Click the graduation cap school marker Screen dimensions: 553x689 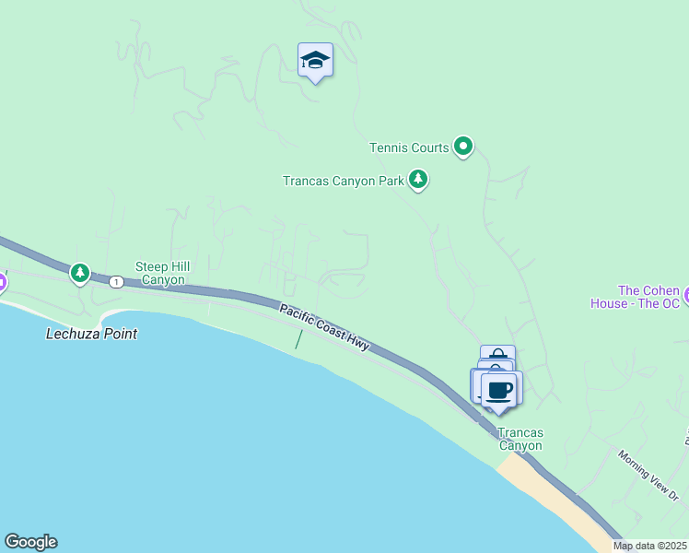(x=315, y=61)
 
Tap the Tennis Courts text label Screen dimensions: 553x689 (x=409, y=147)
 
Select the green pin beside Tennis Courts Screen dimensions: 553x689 (x=463, y=147)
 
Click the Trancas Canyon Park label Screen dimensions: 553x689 (x=343, y=181)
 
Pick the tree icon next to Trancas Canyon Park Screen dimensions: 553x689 (x=418, y=179)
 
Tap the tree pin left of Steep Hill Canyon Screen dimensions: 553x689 (x=80, y=273)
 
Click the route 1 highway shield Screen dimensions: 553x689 (x=116, y=281)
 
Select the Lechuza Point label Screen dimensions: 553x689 (x=91, y=334)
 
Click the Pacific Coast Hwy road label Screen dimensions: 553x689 (x=325, y=328)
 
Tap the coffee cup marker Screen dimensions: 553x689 (x=500, y=390)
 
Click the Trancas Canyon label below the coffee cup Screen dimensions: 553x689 (x=520, y=439)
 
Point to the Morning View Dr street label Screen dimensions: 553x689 (x=648, y=476)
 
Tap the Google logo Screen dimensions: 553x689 (x=30, y=542)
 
